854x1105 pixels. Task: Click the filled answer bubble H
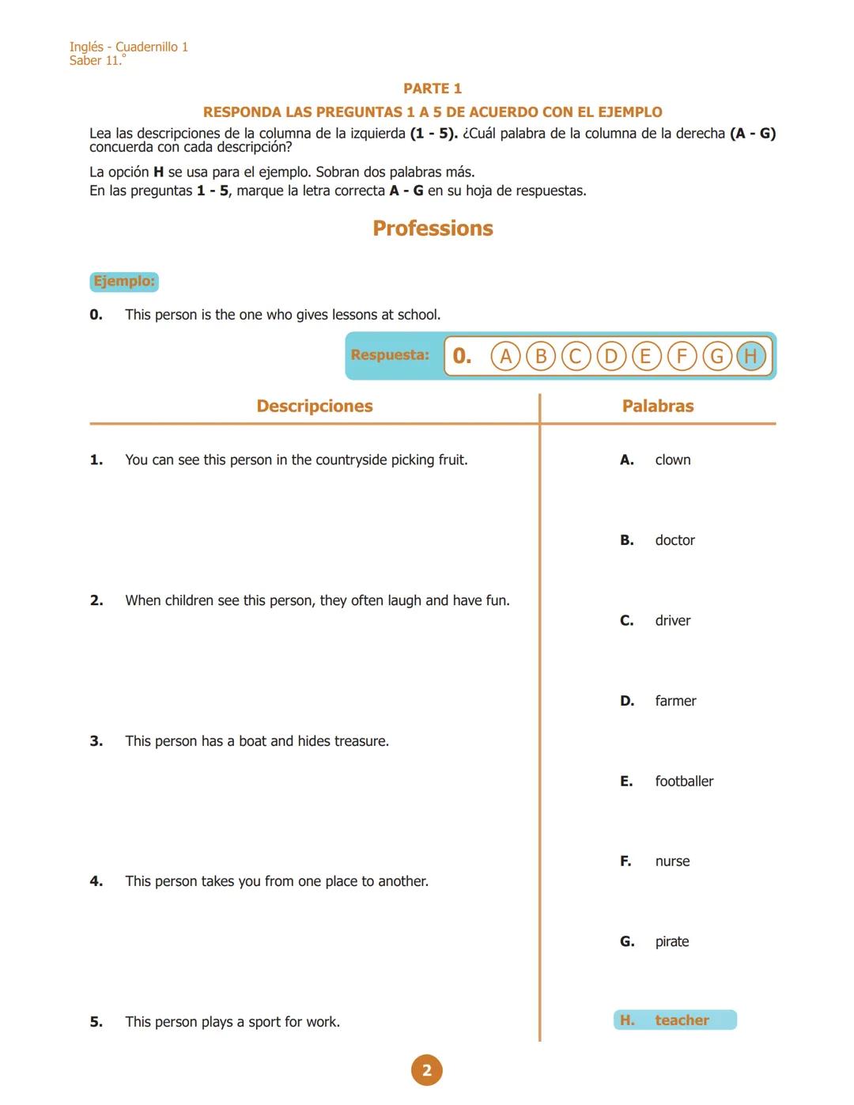point(750,356)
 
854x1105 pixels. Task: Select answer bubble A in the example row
point(505,356)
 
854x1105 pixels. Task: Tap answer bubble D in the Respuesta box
point(610,356)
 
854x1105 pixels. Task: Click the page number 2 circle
point(427,1070)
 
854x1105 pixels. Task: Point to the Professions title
point(433,229)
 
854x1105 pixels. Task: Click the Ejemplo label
point(124,282)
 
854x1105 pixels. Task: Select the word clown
point(672,460)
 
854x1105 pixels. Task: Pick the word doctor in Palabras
point(675,540)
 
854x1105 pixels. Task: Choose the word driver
point(672,621)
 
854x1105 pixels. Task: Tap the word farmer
point(675,701)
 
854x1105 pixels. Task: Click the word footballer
point(684,781)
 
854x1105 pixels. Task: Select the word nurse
point(672,861)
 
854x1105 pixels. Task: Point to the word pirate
point(671,941)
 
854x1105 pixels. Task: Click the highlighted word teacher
point(682,1020)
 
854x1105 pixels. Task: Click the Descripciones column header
point(315,407)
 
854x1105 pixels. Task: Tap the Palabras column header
point(658,407)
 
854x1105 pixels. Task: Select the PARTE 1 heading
point(433,89)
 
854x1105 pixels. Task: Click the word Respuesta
point(390,355)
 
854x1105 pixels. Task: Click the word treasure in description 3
point(361,741)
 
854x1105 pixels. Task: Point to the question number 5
point(96,1022)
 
